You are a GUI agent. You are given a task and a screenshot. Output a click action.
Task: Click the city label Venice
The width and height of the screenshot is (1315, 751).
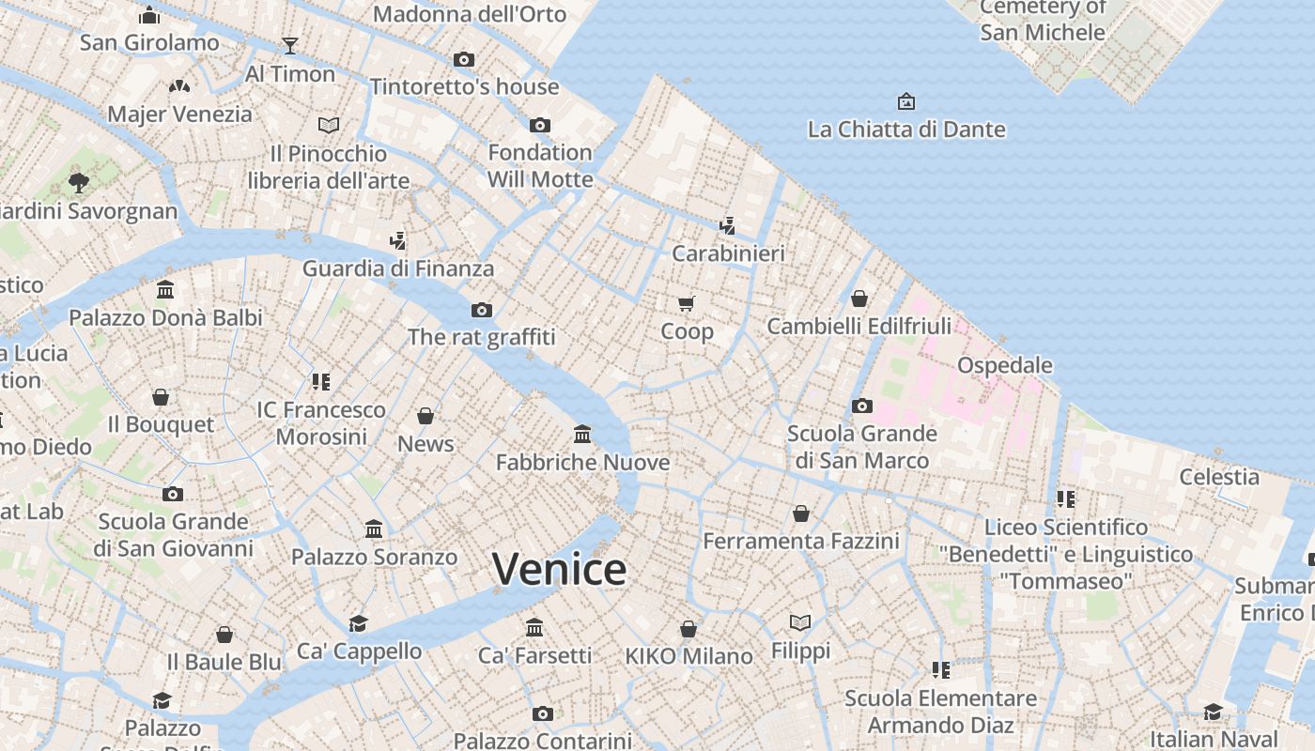[559, 570]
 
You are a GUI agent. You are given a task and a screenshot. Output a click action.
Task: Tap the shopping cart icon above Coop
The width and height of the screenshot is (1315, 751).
[686, 303]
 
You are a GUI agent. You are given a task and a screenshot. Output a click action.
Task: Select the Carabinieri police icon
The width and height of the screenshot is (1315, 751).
[727, 225]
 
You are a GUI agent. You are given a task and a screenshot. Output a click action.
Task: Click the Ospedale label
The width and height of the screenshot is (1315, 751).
[1004, 365]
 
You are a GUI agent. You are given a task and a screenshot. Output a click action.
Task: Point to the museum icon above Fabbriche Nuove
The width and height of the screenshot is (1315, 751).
[582, 435]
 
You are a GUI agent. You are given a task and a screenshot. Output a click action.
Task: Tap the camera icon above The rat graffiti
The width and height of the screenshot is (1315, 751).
[482, 310]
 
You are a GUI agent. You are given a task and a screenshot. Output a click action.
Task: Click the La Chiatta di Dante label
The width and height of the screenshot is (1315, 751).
[906, 130]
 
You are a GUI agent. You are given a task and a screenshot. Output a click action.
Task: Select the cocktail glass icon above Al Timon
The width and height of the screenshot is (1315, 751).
[289, 46]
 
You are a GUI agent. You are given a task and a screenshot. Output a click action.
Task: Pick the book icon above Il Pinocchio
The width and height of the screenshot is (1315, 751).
[328, 125]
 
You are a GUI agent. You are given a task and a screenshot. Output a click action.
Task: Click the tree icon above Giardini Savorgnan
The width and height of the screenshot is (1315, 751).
[79, 181]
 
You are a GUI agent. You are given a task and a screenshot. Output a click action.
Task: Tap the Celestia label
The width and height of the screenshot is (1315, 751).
[1219, 477]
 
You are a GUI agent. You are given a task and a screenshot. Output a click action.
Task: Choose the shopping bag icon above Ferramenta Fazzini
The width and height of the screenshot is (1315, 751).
[801, 513]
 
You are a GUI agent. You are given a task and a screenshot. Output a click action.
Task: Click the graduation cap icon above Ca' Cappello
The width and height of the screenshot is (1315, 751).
[358, 623]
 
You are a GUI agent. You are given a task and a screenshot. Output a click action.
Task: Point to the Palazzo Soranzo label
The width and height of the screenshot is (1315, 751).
[374, 557]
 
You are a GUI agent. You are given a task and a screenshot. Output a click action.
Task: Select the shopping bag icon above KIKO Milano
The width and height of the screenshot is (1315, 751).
[688, 629]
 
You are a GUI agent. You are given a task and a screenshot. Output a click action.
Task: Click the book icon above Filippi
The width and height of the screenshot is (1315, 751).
[800, 622]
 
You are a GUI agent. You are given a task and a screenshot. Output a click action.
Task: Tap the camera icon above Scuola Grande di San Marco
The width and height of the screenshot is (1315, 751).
[861, 406]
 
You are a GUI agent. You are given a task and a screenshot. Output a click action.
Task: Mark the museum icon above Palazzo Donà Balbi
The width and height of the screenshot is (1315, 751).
[165, 290]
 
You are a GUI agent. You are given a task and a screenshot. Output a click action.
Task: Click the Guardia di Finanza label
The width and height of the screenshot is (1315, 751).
[397, 268]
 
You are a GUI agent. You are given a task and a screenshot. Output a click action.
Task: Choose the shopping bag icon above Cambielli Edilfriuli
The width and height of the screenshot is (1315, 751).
[859, 299]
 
